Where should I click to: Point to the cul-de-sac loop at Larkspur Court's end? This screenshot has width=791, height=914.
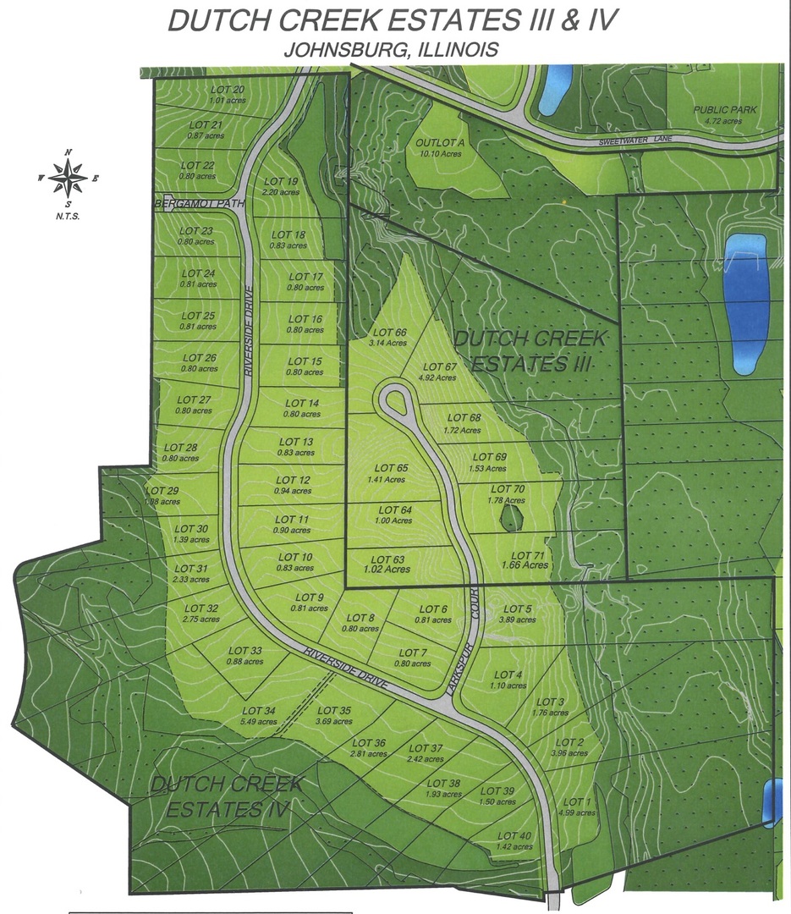(x=395, y=399)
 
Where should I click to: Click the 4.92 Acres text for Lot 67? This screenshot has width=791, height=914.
(x=439, y=377)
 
